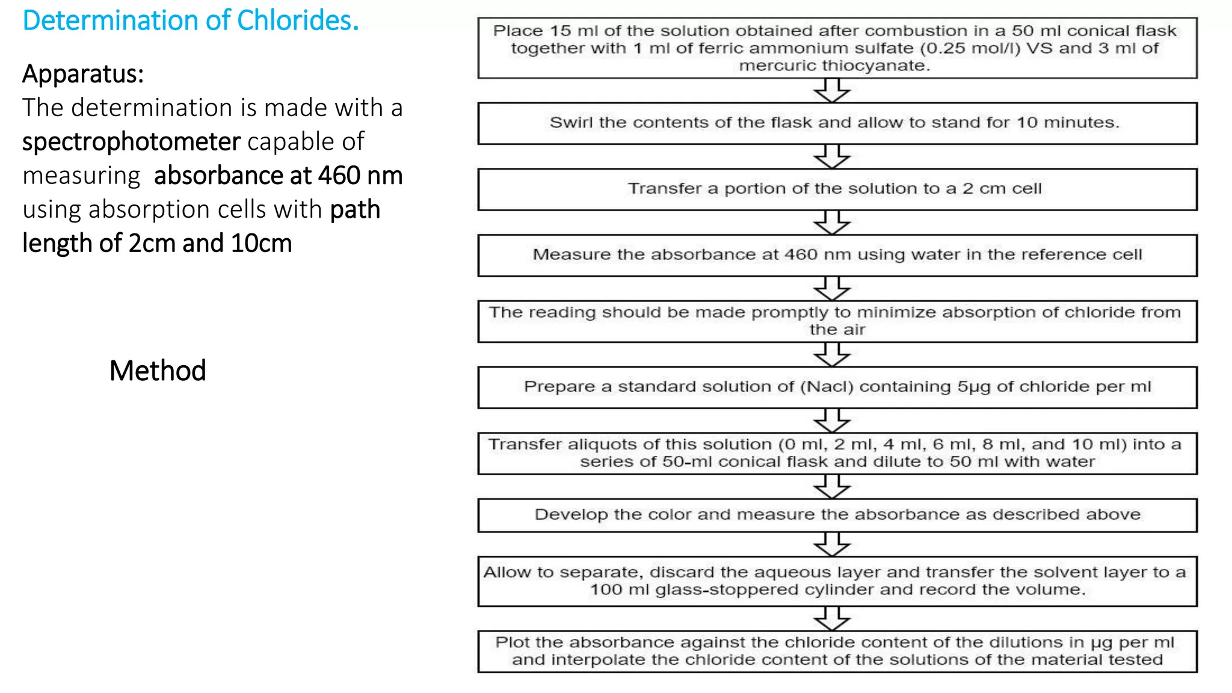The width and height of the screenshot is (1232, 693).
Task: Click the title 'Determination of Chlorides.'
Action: click(x=191, y=20)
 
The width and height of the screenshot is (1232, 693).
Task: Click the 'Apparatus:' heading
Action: click(x=83, y=74)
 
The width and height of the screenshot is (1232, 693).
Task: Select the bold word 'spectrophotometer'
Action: click(x=131, y=142)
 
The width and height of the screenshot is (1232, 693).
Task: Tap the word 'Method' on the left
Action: click(x=158, y=371)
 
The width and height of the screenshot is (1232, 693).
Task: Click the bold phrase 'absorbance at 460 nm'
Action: click(x=278, y=176)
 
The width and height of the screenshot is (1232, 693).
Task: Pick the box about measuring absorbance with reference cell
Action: click(x=837, y=255)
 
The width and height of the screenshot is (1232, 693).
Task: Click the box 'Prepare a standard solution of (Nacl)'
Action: click(x=837, y=387)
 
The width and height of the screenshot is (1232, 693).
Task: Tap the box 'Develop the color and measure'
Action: click(x=837, y=515)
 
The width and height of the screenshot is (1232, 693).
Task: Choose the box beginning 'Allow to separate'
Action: click(x=837, y=581)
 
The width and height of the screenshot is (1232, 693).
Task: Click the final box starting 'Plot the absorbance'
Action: click(x=837, y=651)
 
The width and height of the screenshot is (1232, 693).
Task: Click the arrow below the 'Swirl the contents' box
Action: click(x=832, y=157)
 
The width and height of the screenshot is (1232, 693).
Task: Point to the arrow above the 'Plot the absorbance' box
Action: click(x=832, y=618)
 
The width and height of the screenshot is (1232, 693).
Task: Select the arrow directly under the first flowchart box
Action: click(x=832, y=91)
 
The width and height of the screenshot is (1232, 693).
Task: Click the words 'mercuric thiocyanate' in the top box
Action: click(x=834, y=66)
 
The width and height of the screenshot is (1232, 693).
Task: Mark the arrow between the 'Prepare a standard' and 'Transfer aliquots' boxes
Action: click(x=832, y=420)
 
